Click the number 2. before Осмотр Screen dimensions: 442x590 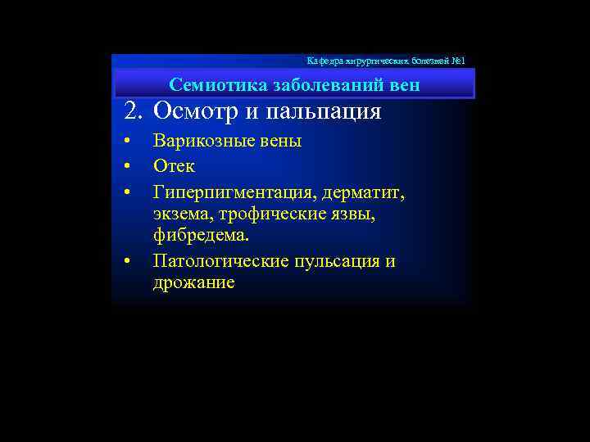coord(134,111)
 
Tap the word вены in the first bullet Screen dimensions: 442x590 coord(276,141)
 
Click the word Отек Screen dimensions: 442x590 coord(174,166)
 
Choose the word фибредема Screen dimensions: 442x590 coord(200,236)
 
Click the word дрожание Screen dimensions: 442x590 coord(193,283)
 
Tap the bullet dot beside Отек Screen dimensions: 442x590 coord(127,167)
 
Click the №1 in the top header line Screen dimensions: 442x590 coord(457,61)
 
